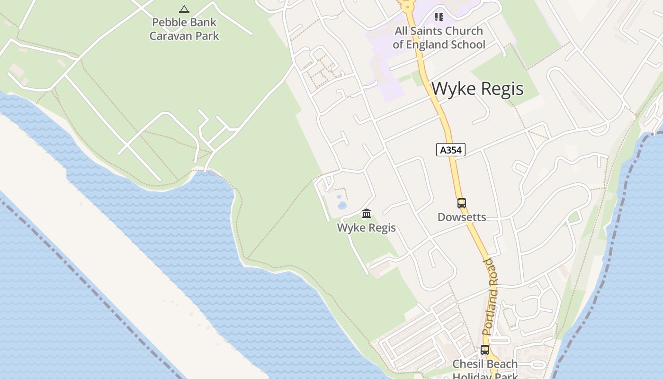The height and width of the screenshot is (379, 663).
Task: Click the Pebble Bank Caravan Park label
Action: coord(184,29)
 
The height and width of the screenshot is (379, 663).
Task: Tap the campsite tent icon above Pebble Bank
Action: coord(184,9)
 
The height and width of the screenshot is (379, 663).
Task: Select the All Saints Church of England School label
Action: coord(439,38)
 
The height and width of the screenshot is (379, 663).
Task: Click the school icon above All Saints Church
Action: coord(439,17)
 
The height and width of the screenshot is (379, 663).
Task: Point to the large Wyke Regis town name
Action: coord(477,89)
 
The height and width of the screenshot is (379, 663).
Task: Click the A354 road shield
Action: coord(450,150)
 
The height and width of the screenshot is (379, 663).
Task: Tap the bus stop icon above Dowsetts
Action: coord(462,203)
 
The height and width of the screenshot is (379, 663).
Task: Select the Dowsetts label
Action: coord(462,217)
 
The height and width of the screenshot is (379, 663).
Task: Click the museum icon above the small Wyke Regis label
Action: coord(367,214)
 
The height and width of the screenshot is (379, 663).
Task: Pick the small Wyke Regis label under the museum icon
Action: coord(367,228)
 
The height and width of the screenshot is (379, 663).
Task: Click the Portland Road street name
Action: coord(491,297)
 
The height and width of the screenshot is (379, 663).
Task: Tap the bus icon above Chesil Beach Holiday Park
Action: coord(485,350)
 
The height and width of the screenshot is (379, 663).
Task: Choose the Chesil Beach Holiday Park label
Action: coord(485,370)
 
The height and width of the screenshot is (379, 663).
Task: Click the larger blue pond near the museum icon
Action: coord(342,206)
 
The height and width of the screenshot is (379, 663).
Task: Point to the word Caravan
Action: coord(169,36)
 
